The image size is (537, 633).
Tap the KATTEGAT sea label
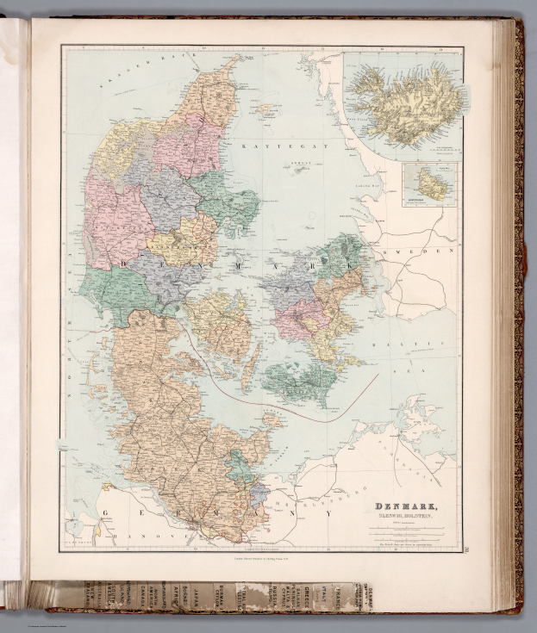tap(262, 147)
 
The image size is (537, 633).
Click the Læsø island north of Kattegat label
tap(268, 110)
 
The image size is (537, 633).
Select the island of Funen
tap(220, 323)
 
